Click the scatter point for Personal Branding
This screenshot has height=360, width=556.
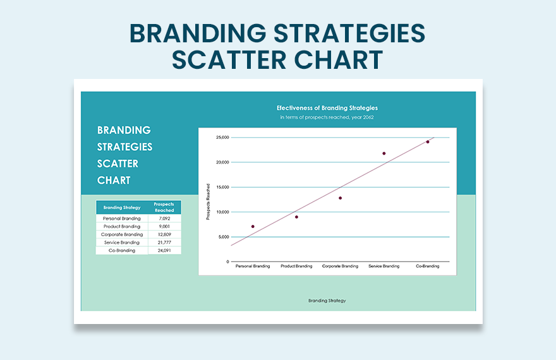point(253,226)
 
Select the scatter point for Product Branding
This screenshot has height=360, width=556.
point(296,217)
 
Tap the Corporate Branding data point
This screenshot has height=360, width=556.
point(340,198)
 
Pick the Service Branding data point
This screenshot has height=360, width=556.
point(384,153)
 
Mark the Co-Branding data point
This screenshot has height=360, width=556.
point(428,142)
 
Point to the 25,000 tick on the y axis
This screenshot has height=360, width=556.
point(222,138)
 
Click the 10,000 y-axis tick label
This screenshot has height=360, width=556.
point(222,212)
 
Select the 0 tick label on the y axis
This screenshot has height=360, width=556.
point(227,261)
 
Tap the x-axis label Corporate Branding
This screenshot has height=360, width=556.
point(340,266)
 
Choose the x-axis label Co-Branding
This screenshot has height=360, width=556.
point(428,266)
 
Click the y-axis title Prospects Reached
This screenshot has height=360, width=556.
point(207,201)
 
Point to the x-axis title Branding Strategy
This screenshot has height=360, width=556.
point(327,301)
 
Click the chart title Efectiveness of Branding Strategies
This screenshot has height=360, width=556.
point(327,108)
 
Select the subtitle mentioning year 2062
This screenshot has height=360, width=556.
point(327,117)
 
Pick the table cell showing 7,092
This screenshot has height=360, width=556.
point(164,219)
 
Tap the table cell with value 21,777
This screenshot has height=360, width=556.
point(164,243)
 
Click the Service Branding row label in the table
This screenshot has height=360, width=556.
point(121,243)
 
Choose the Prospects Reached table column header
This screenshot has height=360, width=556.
point(164,207)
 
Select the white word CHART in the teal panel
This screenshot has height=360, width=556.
point(114,180)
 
